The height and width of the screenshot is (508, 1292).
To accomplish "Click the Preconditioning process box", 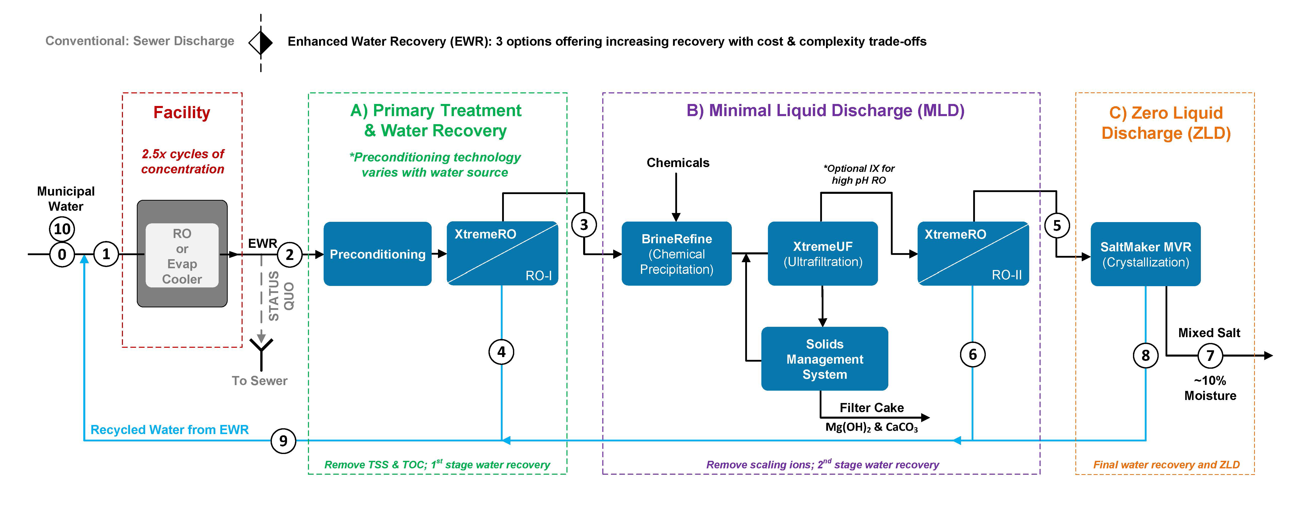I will pyautogui.click(x=377, y=254).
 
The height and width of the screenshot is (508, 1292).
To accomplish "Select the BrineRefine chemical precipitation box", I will pyautogui.click(x=676, y=254).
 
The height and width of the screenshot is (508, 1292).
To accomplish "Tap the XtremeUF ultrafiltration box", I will pyautogui.click(x=822, y=254).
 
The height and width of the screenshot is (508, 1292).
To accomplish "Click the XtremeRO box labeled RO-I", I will pyautogui.click(x=502, y=254).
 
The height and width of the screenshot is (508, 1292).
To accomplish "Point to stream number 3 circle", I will pyautogui.click(x=584, y=225).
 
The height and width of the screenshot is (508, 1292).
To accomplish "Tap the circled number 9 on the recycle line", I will pyautogui.click(x=283, y=441).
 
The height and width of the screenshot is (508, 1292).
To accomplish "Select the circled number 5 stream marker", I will pyautogui.click(x=1057, y=226).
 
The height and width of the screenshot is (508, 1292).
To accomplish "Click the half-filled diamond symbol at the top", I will pyautogui.click(x=261, y=43).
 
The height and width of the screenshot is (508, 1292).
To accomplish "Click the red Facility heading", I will pyautogui.click(x=182, y=112).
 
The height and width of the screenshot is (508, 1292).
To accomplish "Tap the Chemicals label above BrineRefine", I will pyautogui.click(x=678, y=163).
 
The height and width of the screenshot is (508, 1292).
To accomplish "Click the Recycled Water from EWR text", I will pyautogui.click(x=170, y=430).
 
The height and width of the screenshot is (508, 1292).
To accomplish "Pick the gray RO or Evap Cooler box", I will pyautogui.click(x=182, y=254).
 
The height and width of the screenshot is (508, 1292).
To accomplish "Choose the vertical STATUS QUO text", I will pyautogui.click(x=281, y=296).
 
